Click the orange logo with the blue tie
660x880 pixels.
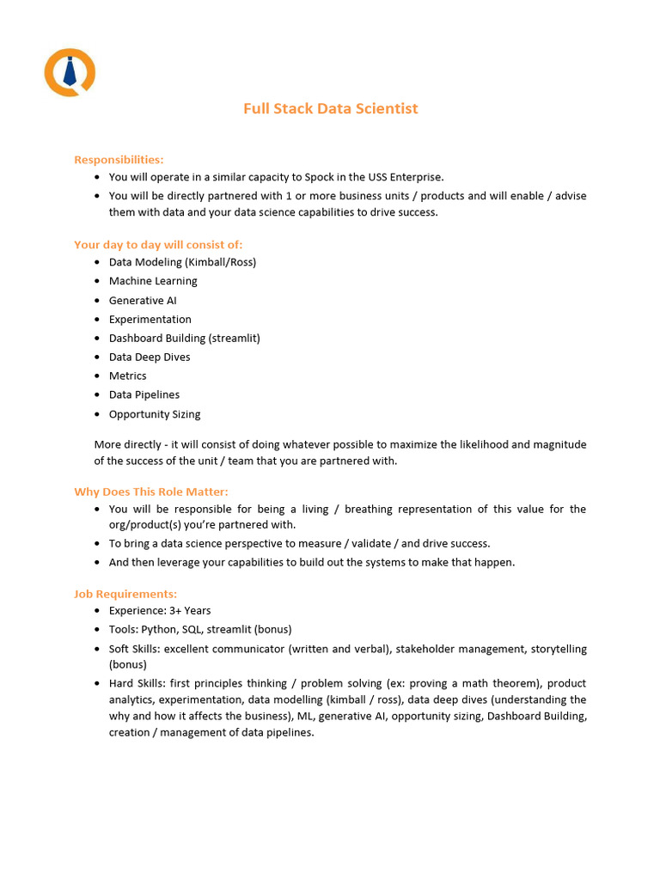click(x=70, y=72)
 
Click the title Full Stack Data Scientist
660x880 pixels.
click(x=330, y=108)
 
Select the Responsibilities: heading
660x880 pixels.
click(x=119, y=159)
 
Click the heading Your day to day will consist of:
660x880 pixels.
click(x=158, y=244)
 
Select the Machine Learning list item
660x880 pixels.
click(x=153, y=281)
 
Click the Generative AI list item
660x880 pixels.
click(x=143, y=300)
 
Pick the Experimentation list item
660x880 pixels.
click(x=150, y=319)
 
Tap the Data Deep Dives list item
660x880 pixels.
click(x=150, y=357)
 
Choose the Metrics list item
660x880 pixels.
click(x=127, y=376)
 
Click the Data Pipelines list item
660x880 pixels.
click(x=144, y=394)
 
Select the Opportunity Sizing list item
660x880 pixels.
click(x=155, y=413)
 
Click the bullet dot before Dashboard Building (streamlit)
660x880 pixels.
click(x=98, y=338)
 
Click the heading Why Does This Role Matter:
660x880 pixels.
click(x=151, y=492)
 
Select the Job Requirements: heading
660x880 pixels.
click(x=125, y=594)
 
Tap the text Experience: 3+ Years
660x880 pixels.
click(x=160, y=611)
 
